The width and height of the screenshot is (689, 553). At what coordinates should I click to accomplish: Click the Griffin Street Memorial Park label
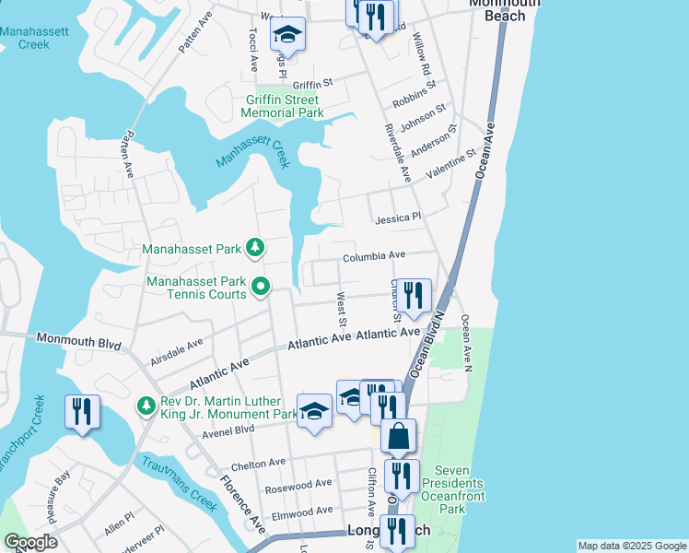[282, 106]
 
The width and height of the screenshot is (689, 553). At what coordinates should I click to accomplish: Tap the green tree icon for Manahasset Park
[255, 248]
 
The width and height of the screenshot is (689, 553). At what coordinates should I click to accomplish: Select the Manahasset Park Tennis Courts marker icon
[260, 288]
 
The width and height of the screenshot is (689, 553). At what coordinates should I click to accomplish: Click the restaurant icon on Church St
[415, 296]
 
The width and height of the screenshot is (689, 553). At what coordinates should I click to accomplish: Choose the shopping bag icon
[398, 436]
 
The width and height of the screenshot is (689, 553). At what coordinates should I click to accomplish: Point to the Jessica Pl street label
[398, 218]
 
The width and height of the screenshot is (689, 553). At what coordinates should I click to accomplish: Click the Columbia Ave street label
[374, 256]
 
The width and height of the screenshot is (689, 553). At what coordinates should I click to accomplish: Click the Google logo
[30, 542]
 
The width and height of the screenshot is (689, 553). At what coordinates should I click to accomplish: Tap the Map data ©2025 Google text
[631, 546]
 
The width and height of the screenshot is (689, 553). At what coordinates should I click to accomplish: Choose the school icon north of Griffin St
[287, 36]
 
